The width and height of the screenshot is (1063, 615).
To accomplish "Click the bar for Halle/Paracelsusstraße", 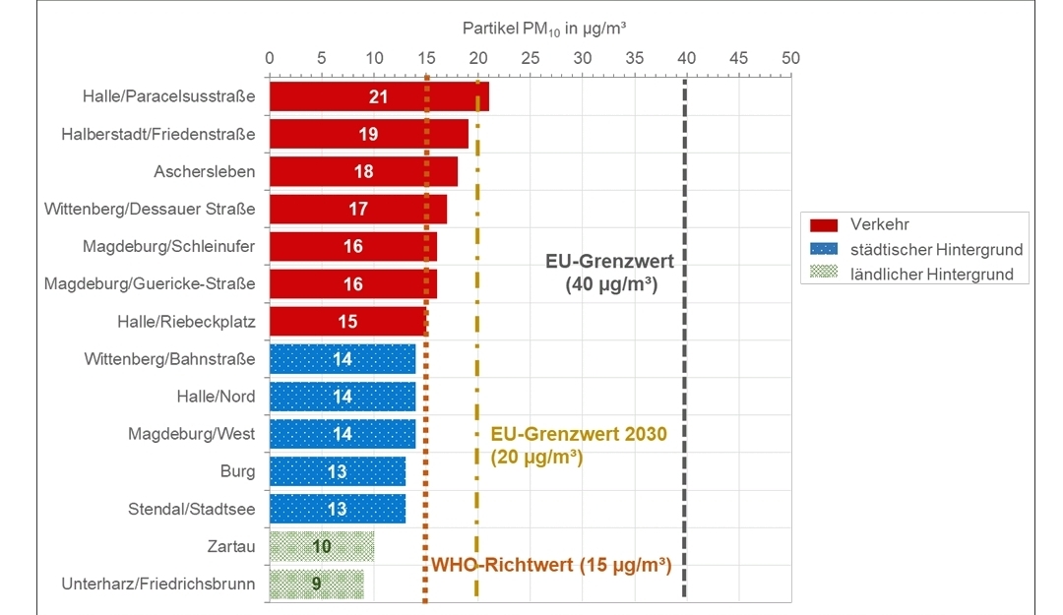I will (x=379, y=96).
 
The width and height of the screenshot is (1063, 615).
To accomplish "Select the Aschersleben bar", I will (x=363, y=171).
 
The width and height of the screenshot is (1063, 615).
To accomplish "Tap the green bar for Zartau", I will (x=322, y=546).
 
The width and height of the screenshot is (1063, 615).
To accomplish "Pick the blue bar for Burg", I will (x=337, y=471).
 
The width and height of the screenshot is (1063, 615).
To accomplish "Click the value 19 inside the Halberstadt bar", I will (x=368, y=134).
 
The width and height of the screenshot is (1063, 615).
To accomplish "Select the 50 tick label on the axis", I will (x=790, y=58).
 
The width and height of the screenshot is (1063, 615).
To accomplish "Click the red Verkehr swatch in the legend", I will (x=823, y=225).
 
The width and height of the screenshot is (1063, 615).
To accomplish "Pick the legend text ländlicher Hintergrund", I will (x=932, y=275).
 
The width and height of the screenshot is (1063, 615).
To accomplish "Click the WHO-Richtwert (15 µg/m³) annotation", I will (x=551, y=566).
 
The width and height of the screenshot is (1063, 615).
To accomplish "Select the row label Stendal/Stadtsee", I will (x=191, y=509).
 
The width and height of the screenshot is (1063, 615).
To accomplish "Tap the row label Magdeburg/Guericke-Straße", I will (x=150, y=284).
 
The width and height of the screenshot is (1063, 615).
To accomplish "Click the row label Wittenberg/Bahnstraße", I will (x=169, y=359).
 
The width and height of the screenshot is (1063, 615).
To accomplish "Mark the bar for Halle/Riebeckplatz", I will (x=347, y=322).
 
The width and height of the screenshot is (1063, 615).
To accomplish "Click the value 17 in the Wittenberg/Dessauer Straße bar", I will (x=358, y=209).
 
